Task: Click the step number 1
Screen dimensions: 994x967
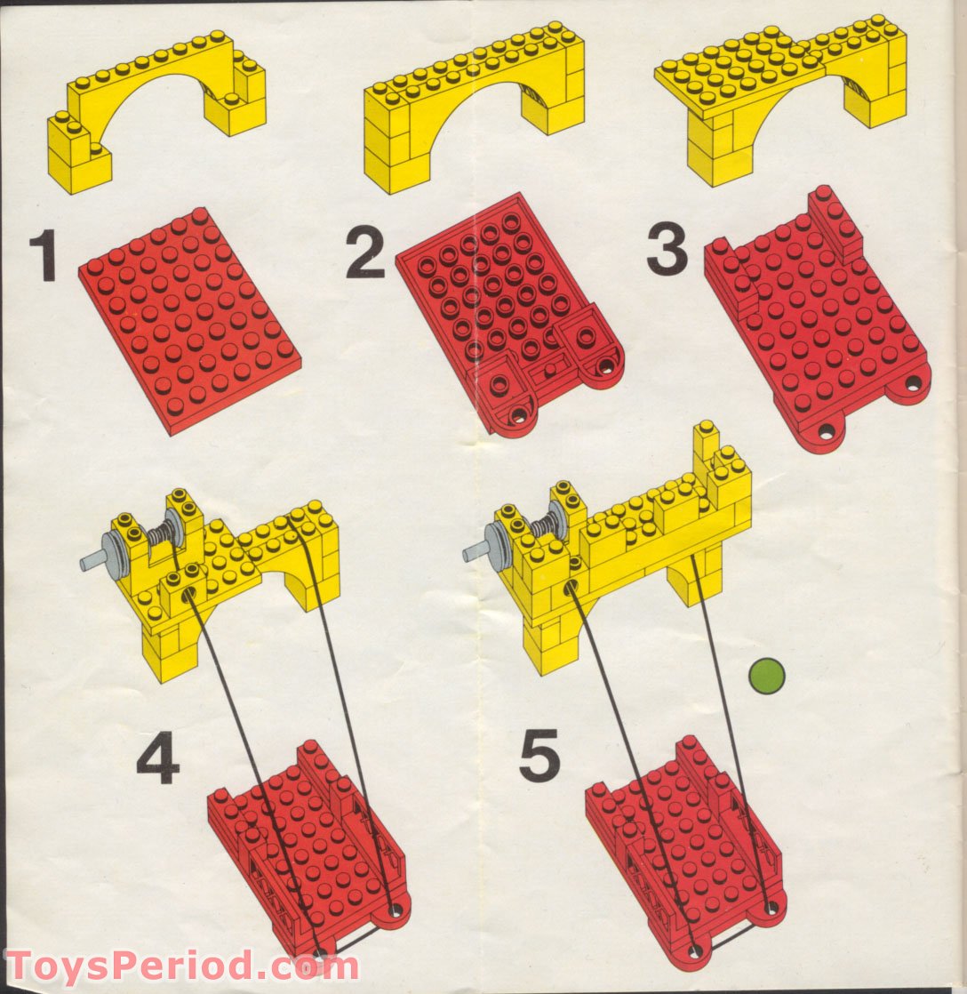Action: pyautogui.click(x=42, y=255)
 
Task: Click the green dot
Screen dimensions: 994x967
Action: pyautogui.click(x=766, y=675)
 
